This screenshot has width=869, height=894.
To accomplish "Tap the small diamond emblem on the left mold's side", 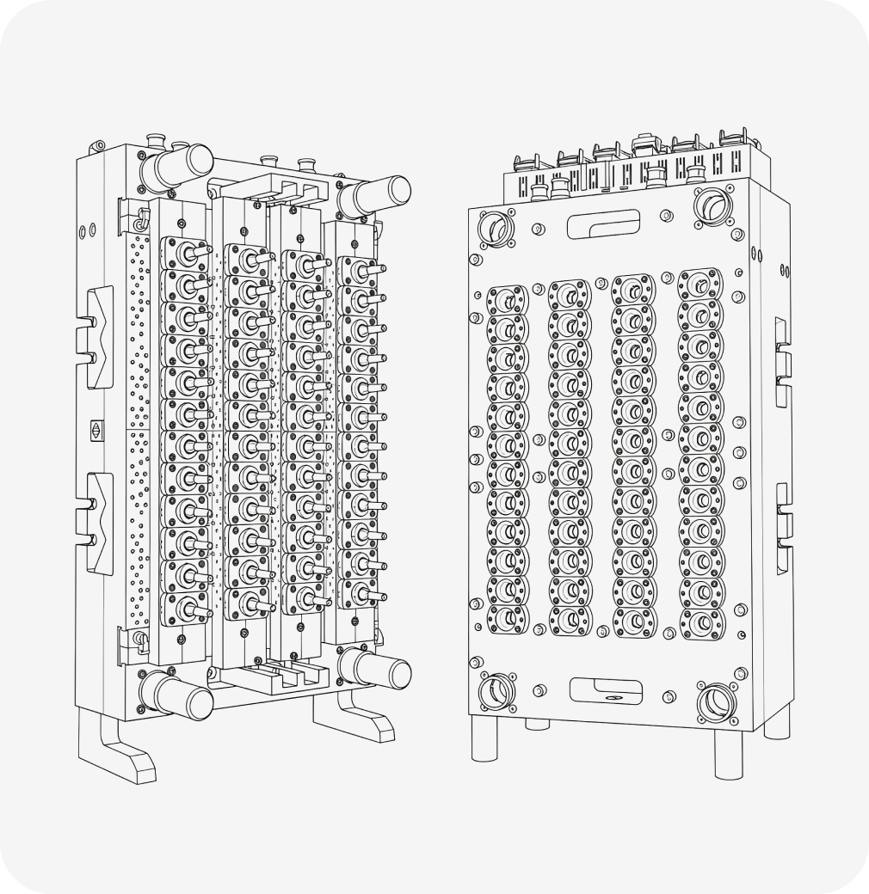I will coord(96,429).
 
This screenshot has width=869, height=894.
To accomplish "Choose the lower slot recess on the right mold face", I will coord(605,689).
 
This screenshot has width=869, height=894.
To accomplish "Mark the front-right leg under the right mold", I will coord(728,752).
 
